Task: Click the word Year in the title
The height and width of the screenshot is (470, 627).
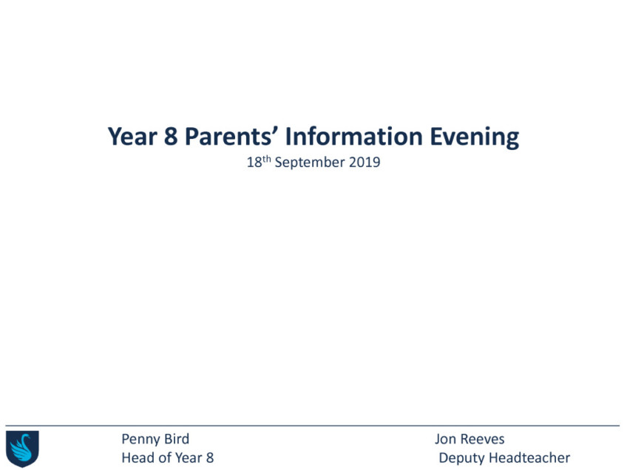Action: click(x=133, y=137)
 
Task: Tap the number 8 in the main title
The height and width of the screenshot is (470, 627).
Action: click(x=171, y=137)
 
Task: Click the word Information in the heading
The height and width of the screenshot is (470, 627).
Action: click(x=354, y=137)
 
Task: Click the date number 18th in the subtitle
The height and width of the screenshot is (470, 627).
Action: click(x=259, y=162)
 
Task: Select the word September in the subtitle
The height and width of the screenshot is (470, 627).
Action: click(x=310, y=163)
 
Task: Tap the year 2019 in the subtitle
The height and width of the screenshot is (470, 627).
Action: click(x=365, y=163)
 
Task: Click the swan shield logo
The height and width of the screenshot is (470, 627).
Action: click(x=22, y=449)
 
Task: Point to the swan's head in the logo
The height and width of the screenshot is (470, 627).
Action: click(x=27, y=437)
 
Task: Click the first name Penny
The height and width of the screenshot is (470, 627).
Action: click(x=140, y=440)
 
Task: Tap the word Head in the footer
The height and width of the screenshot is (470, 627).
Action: click(x=136, y=457)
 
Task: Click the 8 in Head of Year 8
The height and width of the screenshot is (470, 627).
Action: click(x=210, y=457)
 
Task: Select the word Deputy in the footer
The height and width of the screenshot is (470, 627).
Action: click(x=461, y=458)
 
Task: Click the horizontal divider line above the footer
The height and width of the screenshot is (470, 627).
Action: click(x=312, y=426)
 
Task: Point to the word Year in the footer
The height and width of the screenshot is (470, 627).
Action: click(x=189, y=457)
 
